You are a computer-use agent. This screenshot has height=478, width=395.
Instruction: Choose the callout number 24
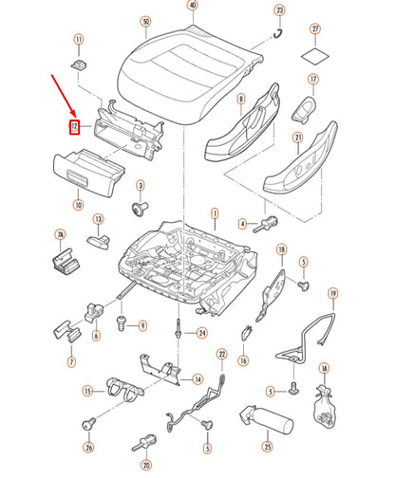[201, 333]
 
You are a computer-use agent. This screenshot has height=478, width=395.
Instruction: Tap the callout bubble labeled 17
[313, 79]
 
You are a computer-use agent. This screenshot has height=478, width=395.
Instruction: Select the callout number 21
[297, 138]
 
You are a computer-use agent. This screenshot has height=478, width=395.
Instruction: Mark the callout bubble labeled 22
[223, 356]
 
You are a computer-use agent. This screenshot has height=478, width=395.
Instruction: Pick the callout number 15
[87, 390]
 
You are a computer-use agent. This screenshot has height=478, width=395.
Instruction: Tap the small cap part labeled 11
[79, 63]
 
